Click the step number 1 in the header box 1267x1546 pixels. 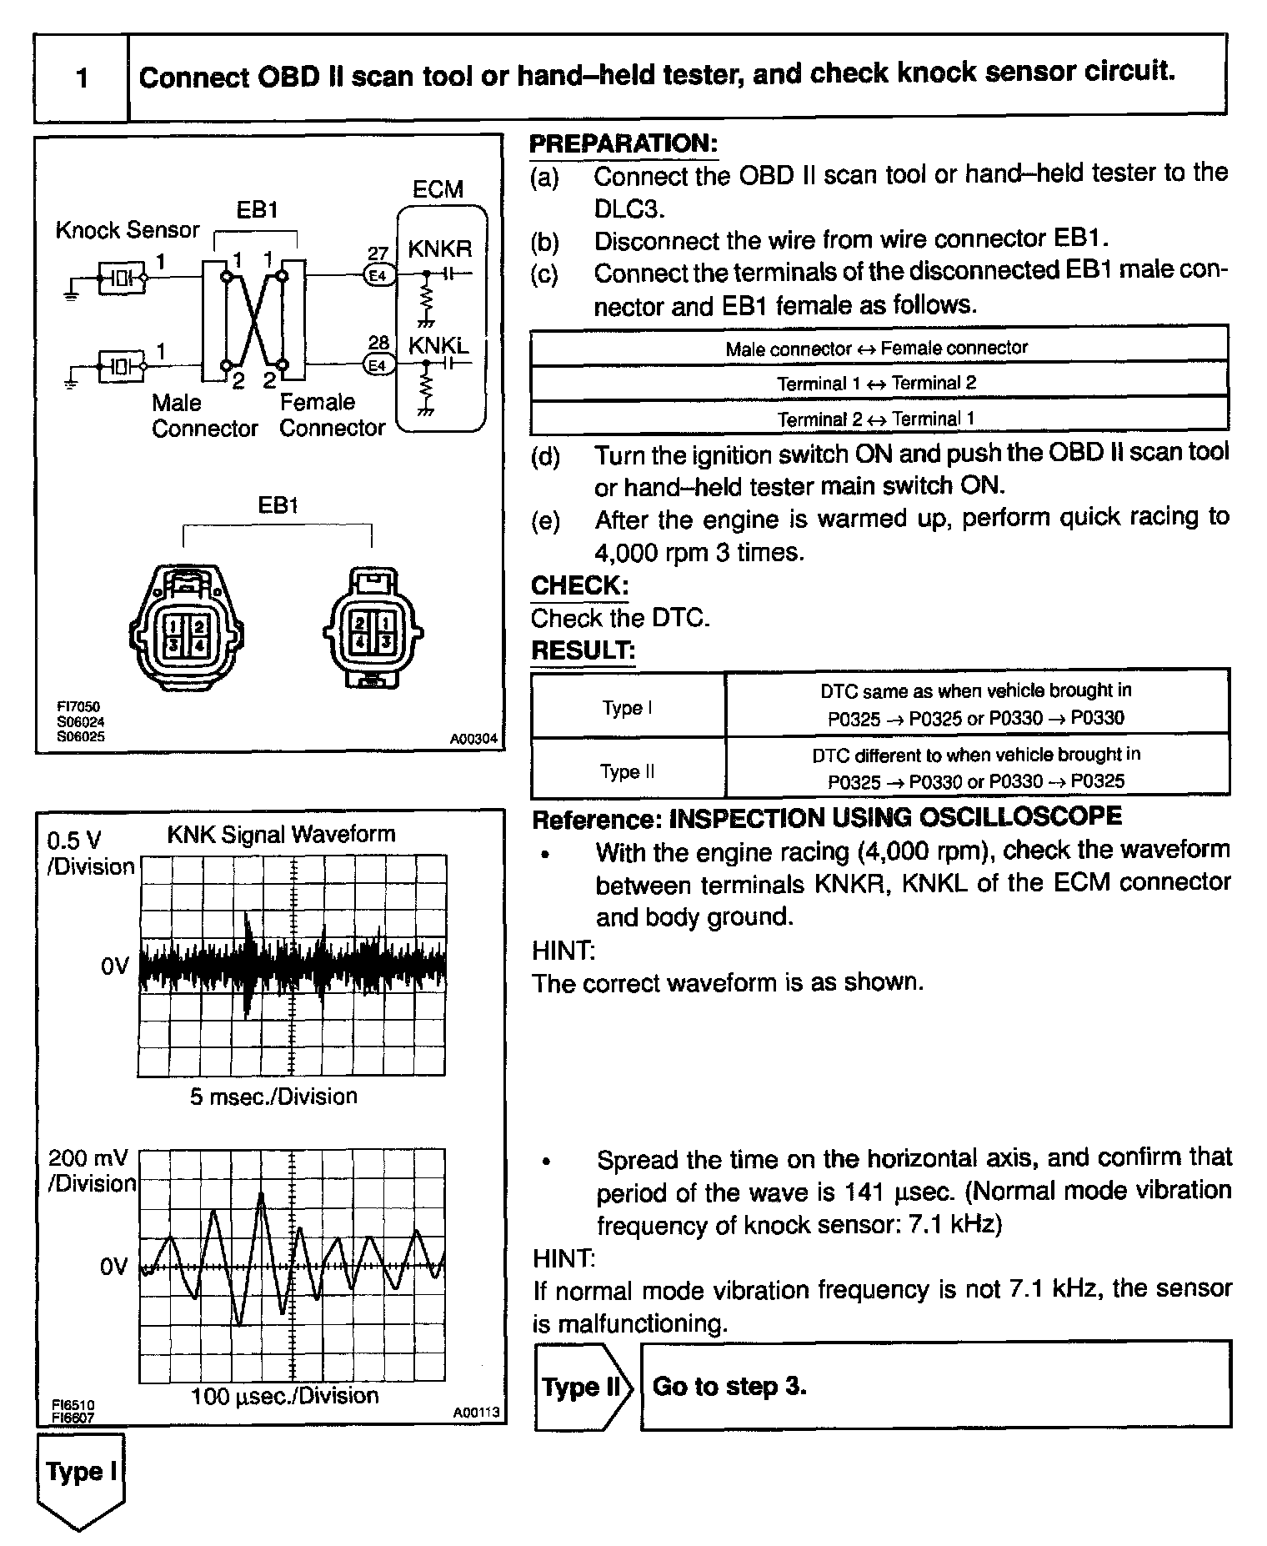(82, 78)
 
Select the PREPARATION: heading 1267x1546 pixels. (623, 143)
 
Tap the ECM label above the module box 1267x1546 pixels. (438, 189)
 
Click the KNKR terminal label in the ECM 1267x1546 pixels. (439, 248)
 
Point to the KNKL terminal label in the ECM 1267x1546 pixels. (438, 344)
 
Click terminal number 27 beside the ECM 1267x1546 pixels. (378, 253)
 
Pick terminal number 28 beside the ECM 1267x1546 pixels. (378, 343)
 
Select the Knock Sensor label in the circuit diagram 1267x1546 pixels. (128, 230)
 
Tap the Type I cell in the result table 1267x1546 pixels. (627, 708)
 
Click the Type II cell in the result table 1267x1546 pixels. (627, 771)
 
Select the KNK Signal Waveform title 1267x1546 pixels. (281, 835)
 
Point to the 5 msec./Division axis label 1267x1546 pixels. (273, 1096)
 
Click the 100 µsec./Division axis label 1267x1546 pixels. (284, 1396)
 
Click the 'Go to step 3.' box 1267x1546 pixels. (935, 1386)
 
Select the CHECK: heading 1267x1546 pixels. (579, 585)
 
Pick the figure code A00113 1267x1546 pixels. (476, 1413)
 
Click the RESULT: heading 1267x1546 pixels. (583, 650)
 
